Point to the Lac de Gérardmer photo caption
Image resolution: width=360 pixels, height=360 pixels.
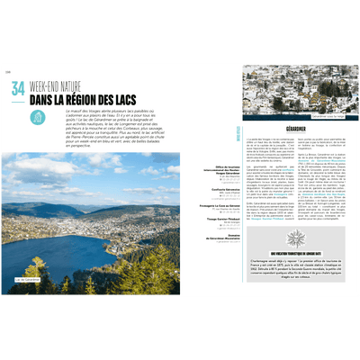click(x=27, y=280)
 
